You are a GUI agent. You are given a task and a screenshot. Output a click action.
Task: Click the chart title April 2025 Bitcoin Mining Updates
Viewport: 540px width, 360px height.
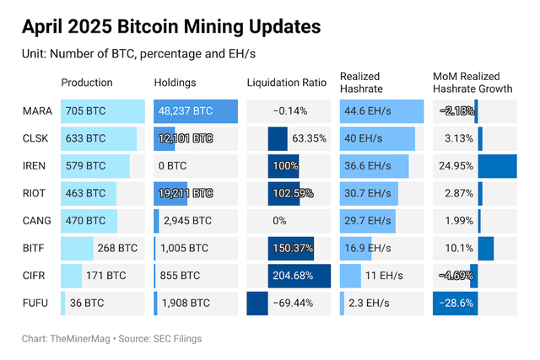(x=171, y=27)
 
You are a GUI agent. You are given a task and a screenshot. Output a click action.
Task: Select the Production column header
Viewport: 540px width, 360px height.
(x=87, y=83)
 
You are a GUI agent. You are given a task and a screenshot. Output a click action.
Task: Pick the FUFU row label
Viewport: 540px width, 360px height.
(x=35, y=303)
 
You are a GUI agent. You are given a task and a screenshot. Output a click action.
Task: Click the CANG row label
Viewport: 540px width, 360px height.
(x=36, y=221)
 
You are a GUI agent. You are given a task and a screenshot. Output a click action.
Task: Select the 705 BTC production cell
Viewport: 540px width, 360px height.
(x=85, y=111)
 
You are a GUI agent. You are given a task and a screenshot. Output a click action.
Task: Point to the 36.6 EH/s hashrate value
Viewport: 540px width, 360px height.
(x=370, y=166)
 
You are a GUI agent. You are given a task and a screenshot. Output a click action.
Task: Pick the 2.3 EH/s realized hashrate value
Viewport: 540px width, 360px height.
(x=368, y=303)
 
